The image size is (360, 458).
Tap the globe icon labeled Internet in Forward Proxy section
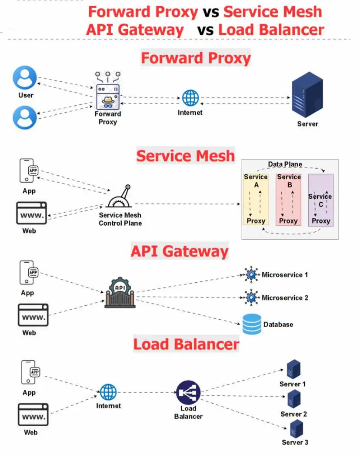tap(190, 98)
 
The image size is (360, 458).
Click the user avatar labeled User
tap(25, 78)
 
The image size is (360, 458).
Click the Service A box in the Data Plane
tap(256, 199)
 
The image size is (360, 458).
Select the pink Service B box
tap(288, 199)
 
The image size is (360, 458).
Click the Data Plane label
tap(285, 164)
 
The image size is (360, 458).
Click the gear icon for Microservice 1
tap(251, 275)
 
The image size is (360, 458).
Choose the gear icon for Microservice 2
tap(251, 298)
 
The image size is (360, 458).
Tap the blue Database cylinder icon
tap(252, 324)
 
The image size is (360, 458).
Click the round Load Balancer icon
tap(188, 392)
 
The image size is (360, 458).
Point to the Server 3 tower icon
tap(296, 428)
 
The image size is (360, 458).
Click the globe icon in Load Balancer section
tap(108, 392)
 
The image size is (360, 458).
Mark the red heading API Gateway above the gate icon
tap(180, 252)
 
